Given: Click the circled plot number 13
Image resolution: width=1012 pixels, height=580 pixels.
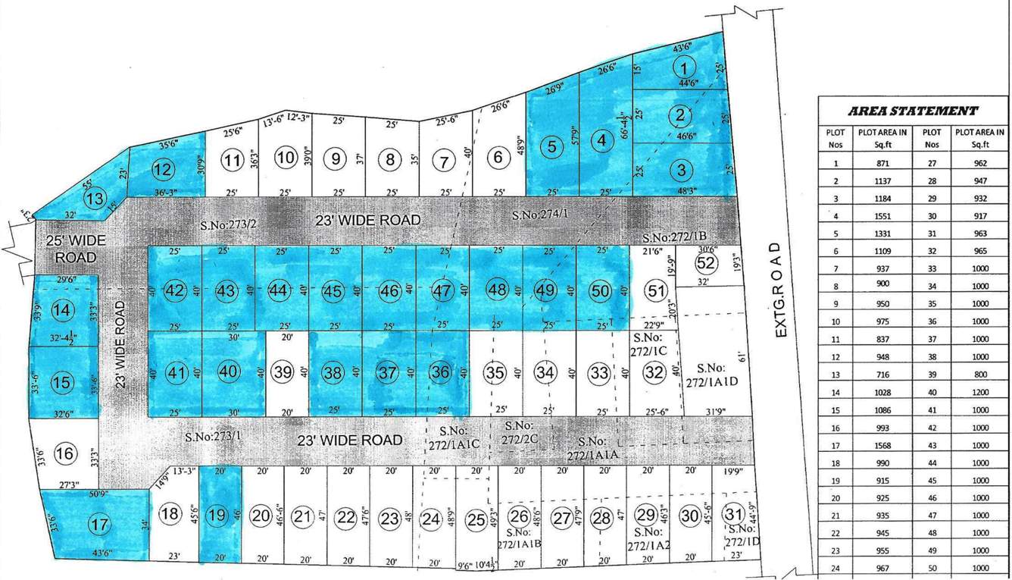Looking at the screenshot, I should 95,199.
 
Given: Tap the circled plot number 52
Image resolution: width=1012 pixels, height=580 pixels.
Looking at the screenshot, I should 705,264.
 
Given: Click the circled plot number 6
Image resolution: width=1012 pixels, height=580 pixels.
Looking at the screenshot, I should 498,158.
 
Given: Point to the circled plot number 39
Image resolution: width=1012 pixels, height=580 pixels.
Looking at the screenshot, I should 283,372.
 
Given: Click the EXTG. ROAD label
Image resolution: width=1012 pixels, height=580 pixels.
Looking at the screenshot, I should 782,290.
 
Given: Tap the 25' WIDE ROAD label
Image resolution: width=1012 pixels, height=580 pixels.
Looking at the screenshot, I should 75,249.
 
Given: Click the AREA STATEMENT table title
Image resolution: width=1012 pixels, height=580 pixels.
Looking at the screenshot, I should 912,111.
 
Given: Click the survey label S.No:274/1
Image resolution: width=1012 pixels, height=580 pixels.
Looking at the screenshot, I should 539,215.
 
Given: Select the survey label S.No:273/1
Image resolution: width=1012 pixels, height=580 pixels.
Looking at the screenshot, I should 213,437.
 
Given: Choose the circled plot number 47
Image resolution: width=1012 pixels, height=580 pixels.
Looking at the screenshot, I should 443,290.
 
